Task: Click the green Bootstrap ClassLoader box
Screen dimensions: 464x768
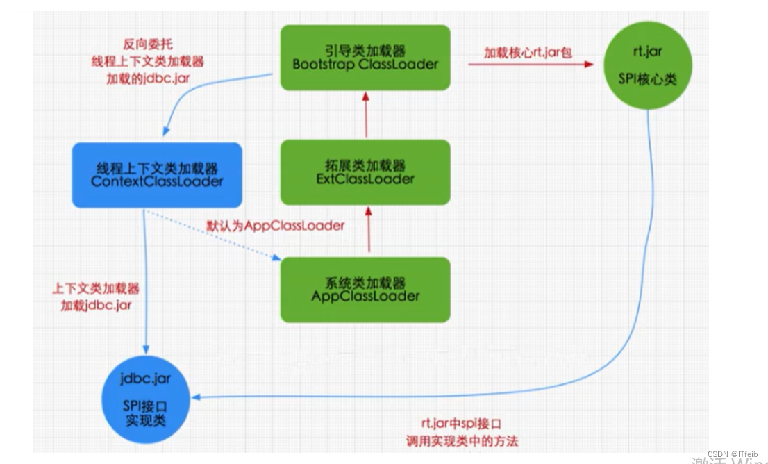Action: pos(365,58)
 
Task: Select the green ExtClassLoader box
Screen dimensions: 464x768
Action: pos(365,172)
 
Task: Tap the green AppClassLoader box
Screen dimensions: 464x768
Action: pos(365,290)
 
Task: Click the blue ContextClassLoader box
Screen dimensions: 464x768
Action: pos(157,175)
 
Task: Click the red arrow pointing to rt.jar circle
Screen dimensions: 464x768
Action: pos(531,65)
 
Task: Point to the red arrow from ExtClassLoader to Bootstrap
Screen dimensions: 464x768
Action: pos(365,115)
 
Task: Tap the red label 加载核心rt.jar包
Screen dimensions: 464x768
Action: pos(528,52)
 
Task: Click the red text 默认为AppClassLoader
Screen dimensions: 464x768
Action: pos(276,226)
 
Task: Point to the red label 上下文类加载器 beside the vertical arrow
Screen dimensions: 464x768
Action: pos(96,289)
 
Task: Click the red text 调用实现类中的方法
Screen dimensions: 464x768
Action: pos(462,441)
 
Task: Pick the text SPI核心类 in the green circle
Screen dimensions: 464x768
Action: pos(647,79)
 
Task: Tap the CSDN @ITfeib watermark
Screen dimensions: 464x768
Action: pos(733,454)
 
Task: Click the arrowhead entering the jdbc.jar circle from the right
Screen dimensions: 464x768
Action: pos(197,397)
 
